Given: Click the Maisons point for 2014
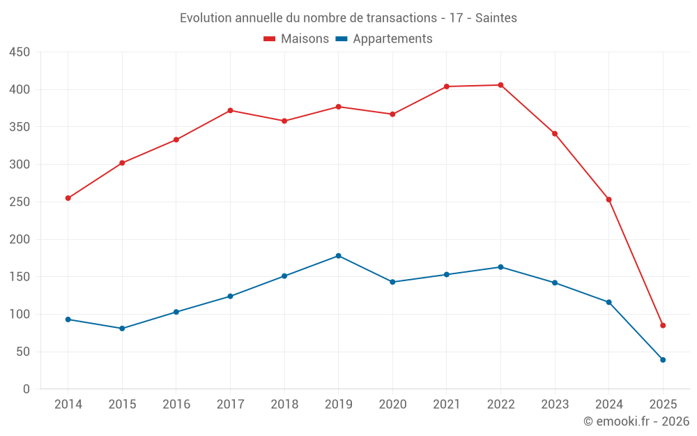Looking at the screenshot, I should click(68, 198).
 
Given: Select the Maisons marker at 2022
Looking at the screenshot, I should click(500, 85).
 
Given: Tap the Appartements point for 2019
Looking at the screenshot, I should click(339, 256).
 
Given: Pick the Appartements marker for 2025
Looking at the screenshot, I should click(663, 360).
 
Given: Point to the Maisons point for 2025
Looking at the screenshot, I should click(663, 326).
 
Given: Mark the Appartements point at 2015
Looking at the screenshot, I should click(122, 329).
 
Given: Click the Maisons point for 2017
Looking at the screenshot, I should click(230, 110).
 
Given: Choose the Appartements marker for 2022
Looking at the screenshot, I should click(500, 267).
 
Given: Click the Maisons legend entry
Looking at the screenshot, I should click(296, 39).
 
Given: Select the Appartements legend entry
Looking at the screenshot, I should click(384, 39).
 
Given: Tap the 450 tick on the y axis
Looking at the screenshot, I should click(20, 52).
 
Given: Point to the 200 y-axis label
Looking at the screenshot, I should click(20, 239).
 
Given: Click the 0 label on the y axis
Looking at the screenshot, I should click(26, 389).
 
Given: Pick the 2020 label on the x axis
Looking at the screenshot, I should click(392, 405).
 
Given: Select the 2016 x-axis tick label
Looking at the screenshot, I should click(176, 405).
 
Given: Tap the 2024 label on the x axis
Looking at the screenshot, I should click(608, 405).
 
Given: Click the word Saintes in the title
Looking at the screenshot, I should click(496, 18).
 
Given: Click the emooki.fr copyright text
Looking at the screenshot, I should click(636, 421).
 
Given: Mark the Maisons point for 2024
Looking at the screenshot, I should click(608, 200).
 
